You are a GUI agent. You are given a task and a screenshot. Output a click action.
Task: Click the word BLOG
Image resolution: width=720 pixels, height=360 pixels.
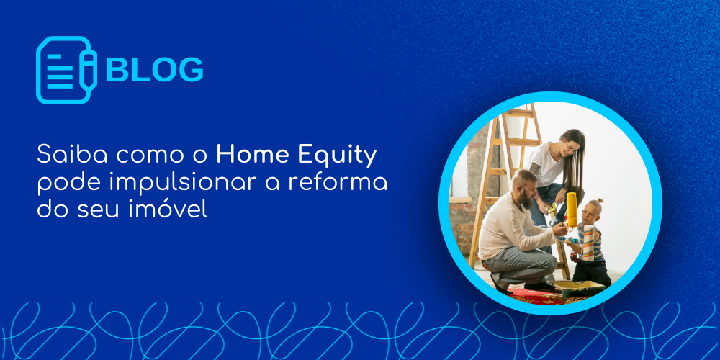tap(155, 70)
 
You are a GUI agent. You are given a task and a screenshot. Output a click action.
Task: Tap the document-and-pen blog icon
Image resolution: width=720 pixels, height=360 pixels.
tap(66, 70)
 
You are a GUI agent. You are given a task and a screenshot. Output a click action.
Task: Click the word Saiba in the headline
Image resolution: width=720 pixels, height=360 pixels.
tap(72, 155)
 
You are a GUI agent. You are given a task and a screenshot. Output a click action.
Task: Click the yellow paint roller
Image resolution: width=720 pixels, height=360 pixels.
tap(571, 210)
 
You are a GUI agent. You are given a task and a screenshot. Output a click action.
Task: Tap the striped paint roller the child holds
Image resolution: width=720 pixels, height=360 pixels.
tap(588, 243)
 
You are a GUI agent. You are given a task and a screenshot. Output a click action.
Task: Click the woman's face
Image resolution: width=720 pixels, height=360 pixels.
tap(569, 147)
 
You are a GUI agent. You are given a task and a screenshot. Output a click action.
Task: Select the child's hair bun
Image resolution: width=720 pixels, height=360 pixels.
tap(599, 201)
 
